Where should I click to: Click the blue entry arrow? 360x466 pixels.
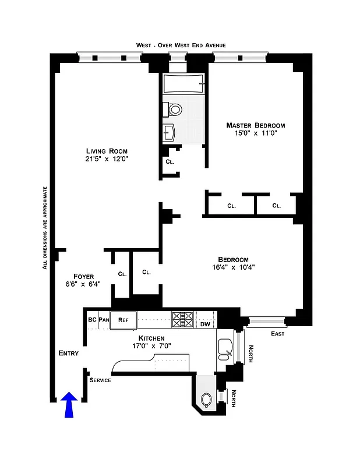[69, 404]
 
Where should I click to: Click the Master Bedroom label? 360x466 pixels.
[255, 125]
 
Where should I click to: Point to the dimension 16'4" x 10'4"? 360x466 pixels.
[233, 268]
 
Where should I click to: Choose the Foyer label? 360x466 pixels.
[84, 276]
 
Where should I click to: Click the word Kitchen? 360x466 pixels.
[151, 338]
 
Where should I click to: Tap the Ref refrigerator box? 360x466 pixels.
[123, 319]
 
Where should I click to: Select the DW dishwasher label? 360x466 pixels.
[205, 324]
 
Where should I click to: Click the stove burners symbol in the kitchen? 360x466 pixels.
[182, 319]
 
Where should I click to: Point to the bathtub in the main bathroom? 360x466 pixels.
[183, 84]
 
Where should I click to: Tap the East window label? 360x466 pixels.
[278, 334]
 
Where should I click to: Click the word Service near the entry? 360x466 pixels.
[100, 380]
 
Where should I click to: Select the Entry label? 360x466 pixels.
[69, 354]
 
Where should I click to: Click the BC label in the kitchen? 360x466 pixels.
[92, 319]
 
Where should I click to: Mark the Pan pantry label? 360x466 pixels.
[104, 319]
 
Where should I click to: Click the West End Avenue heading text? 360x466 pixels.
[181, 45]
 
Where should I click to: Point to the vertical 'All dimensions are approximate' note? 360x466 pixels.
[45, 227]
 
